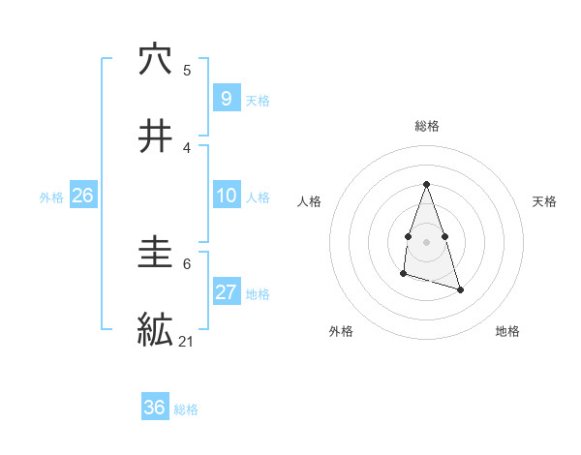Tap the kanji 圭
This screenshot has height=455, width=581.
[x=155, y=254]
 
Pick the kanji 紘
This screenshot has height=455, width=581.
[x=155, y=329]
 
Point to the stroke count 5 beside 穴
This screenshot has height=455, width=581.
[x=187, y=70]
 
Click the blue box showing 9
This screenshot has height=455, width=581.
[x=226, y=98]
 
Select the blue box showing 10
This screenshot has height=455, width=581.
[x=226, y=196]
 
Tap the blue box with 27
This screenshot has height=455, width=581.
[x=226, y=292]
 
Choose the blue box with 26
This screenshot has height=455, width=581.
[x=82, y=196]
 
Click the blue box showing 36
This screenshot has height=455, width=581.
[x=154, y=408]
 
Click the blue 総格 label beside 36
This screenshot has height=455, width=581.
[x=186, y=409]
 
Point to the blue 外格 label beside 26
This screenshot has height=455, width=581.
[x=51, y=197]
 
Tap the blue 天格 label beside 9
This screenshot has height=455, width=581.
[x=258, y=101]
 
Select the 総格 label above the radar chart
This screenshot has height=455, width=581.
[x=427, y=126]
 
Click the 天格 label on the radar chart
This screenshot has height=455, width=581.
[x=545, y=201]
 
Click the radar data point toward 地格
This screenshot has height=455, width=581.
[x=460, y=289]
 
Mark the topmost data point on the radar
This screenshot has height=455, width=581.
[x=426, y=184]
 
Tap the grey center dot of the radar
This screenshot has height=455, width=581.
[x=426, y=240]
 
